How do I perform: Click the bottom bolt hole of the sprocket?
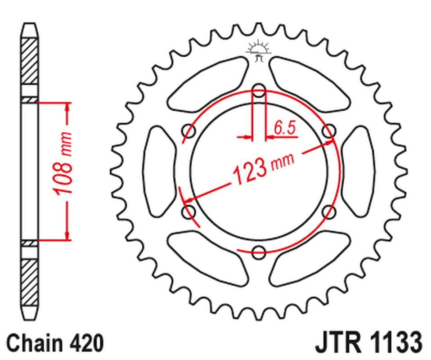coord(259,252)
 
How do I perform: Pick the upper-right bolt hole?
coord(330,131)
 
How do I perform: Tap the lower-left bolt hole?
coord(188,211)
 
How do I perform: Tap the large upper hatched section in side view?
coord(29,61)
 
